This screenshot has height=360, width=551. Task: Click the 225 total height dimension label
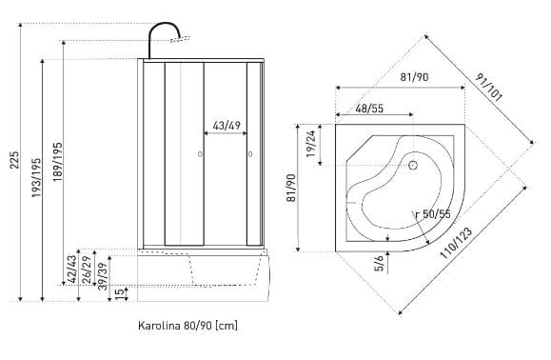[x=14, y=160]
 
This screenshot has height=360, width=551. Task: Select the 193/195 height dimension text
[x=36, y=177]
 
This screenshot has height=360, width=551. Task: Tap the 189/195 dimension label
[x=58, y=162]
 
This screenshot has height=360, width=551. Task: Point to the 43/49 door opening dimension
[x=226, y=125]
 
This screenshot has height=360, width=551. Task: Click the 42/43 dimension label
[x=72, y=270]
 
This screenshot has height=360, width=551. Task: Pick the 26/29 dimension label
[x=87, y=270]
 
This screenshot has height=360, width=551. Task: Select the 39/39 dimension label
[x=103, y=276]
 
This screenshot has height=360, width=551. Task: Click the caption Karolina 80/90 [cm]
[x=187, y=325]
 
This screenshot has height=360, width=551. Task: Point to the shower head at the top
[x=181, y=39]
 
